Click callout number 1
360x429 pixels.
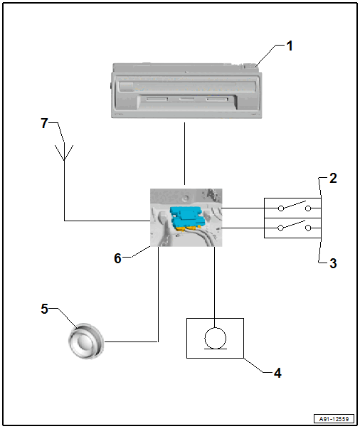[290, 46]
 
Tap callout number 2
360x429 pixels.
[333, 178]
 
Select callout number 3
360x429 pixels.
[333, 263]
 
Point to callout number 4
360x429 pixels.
[277, 373]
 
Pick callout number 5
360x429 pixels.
[44, 309]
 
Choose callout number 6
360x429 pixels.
[117, 258]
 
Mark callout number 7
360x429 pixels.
[44, 123]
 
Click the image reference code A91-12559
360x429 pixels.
[334, 419]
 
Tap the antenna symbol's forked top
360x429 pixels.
[64, 153]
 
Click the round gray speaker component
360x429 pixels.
[86, 341]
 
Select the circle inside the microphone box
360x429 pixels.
[216, 338]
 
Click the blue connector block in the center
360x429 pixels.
[186, 217]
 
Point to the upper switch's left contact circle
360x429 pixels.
[280, 208]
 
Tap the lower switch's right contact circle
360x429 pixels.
[308, 228]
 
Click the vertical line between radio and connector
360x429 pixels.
[185, 154]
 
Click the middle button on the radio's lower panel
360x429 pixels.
[187, 99]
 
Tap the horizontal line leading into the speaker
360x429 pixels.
[132, 341]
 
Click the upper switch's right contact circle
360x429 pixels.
[308, 208]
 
